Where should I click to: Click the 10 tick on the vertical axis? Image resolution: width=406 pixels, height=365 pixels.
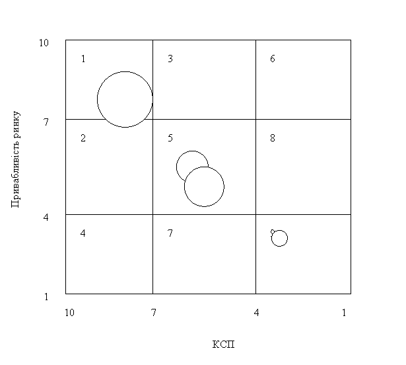[44, 43]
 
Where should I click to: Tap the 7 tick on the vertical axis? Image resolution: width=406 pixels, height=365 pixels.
[46, 122]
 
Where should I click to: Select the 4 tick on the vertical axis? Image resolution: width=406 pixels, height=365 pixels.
[46, 218]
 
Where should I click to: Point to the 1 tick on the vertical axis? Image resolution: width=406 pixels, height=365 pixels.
[46, 296]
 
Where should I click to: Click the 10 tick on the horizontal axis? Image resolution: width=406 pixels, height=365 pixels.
[69, 313]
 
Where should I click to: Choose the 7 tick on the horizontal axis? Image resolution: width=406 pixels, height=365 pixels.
[154, 313]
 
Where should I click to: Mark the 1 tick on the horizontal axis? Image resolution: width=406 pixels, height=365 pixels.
[344, 313]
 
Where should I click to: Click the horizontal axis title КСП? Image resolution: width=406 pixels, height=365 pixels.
[223, 345]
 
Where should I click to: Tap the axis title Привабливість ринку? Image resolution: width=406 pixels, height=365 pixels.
[16, 159]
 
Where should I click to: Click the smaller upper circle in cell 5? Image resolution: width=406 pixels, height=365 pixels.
[192, 151]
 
